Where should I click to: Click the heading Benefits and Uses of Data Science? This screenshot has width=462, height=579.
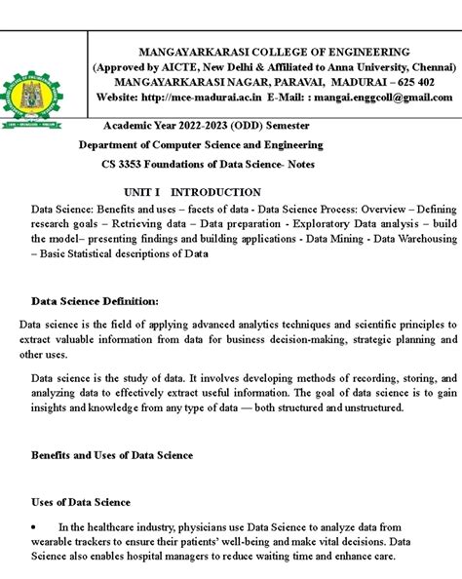tap(112, 455)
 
